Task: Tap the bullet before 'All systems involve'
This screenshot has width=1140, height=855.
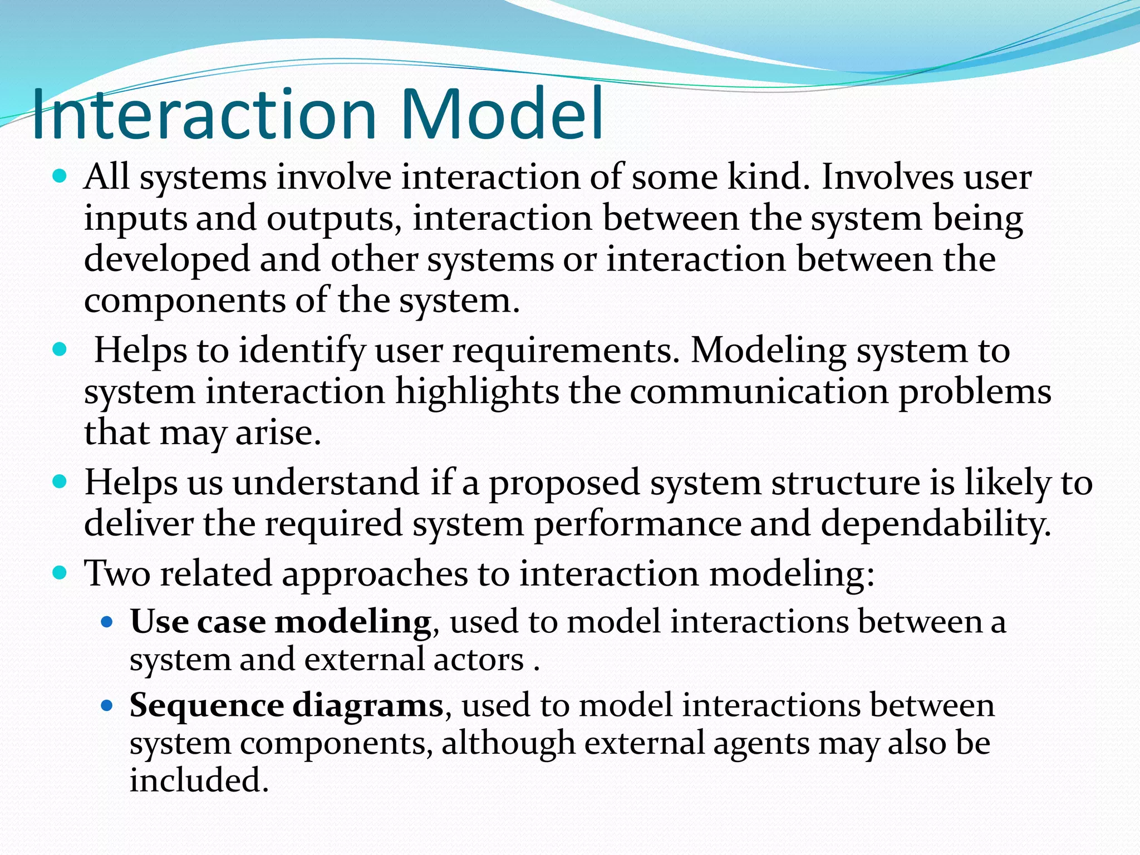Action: [x=60, y=177]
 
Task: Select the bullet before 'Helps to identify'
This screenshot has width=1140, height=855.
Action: [x=60, y=350]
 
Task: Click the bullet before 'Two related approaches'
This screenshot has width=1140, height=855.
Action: [x=60, y=573]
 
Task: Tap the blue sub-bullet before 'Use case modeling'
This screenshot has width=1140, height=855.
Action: [x=107, y=621]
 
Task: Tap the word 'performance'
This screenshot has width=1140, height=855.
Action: [x=637, y=524]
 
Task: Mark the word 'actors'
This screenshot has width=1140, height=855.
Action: [x=479, y=660]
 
